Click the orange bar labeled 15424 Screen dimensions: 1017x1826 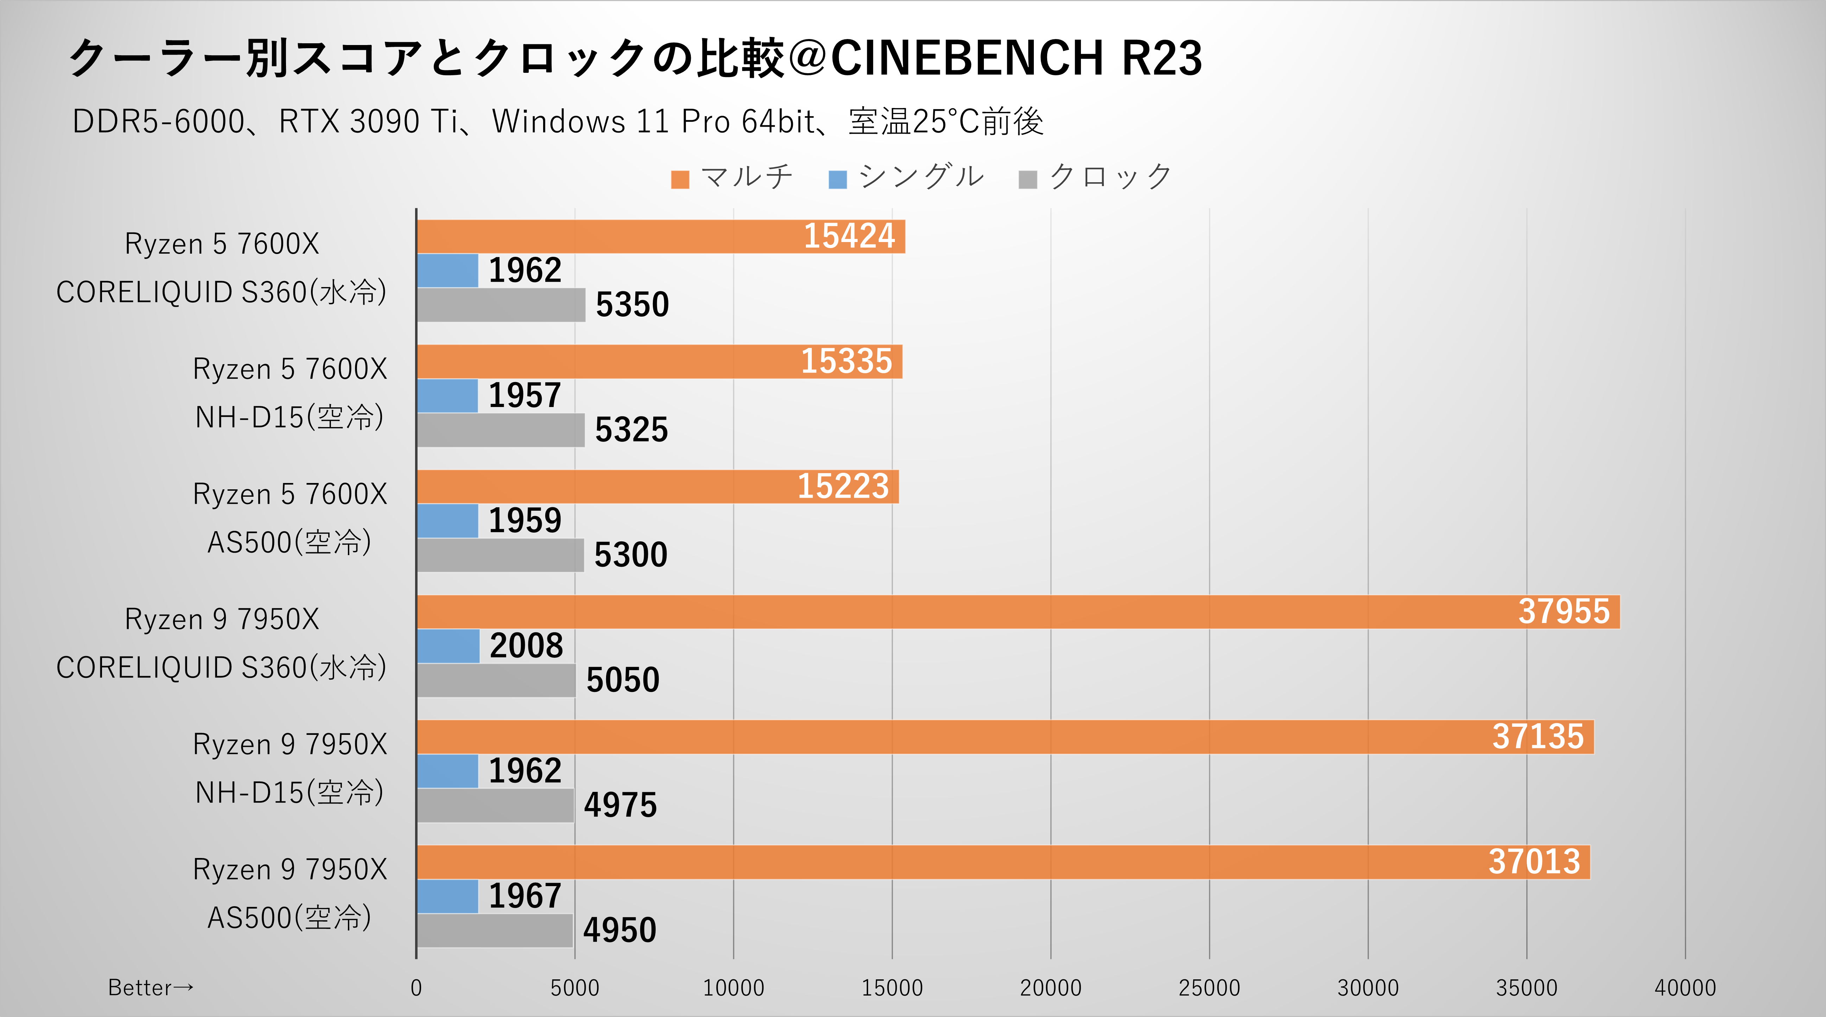click(x=661, y=237)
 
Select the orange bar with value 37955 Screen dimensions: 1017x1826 click(x=1018, y=612)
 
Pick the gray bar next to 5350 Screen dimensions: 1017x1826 click(x=501, y=305)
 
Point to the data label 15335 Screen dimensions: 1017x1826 click(x=846, y=361)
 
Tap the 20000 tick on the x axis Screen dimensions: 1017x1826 click(x=1050, y=988)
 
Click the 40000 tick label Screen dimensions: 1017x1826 click(x=1685, y=988)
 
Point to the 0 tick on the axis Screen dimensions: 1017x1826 click(x=416, y=988)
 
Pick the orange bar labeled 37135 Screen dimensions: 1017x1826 click(x=1005, y=737)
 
